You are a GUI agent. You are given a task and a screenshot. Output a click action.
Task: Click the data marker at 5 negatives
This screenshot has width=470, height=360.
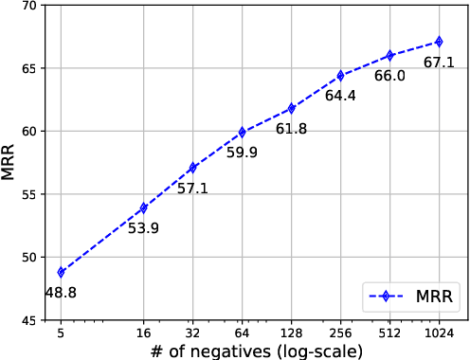coord(61,272)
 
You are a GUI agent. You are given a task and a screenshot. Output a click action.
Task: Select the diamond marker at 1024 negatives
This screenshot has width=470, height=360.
coord(439,42)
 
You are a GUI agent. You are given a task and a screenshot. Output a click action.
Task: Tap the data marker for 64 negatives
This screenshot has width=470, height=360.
coord(242,132)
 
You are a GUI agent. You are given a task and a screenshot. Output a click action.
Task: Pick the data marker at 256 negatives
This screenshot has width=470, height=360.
coord(340,76)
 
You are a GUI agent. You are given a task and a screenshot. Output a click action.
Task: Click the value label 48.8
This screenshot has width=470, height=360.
coord(61,294)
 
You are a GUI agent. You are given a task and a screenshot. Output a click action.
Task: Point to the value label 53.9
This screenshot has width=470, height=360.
coord(143,229)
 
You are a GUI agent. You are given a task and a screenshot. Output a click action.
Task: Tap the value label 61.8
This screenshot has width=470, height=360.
coord(291,129)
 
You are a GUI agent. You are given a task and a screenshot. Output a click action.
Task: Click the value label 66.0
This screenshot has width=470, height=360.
coord(389,76)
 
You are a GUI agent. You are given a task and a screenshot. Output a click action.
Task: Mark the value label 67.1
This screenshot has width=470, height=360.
coord(439,63)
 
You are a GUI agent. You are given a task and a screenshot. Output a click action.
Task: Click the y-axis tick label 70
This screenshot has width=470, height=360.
coord(28,7)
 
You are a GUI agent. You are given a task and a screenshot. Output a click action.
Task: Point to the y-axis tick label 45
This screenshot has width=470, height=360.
coord(28,320)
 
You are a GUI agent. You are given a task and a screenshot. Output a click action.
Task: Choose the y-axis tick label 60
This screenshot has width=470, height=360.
coord(28,132)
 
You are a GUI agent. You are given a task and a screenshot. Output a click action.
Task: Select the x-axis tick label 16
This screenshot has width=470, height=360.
coord(143,333)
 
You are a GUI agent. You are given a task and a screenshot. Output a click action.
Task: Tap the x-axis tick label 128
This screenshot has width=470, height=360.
coord(291,333)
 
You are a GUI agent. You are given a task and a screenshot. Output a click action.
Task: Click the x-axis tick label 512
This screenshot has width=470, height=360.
coord(389,333)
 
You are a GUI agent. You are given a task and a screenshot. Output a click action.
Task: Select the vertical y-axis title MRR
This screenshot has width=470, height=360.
coord(9,163)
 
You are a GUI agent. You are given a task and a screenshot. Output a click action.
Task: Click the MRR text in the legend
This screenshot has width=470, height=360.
coord(436,295)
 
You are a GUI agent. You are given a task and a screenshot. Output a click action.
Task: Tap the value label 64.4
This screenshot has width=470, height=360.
coord(340,97)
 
